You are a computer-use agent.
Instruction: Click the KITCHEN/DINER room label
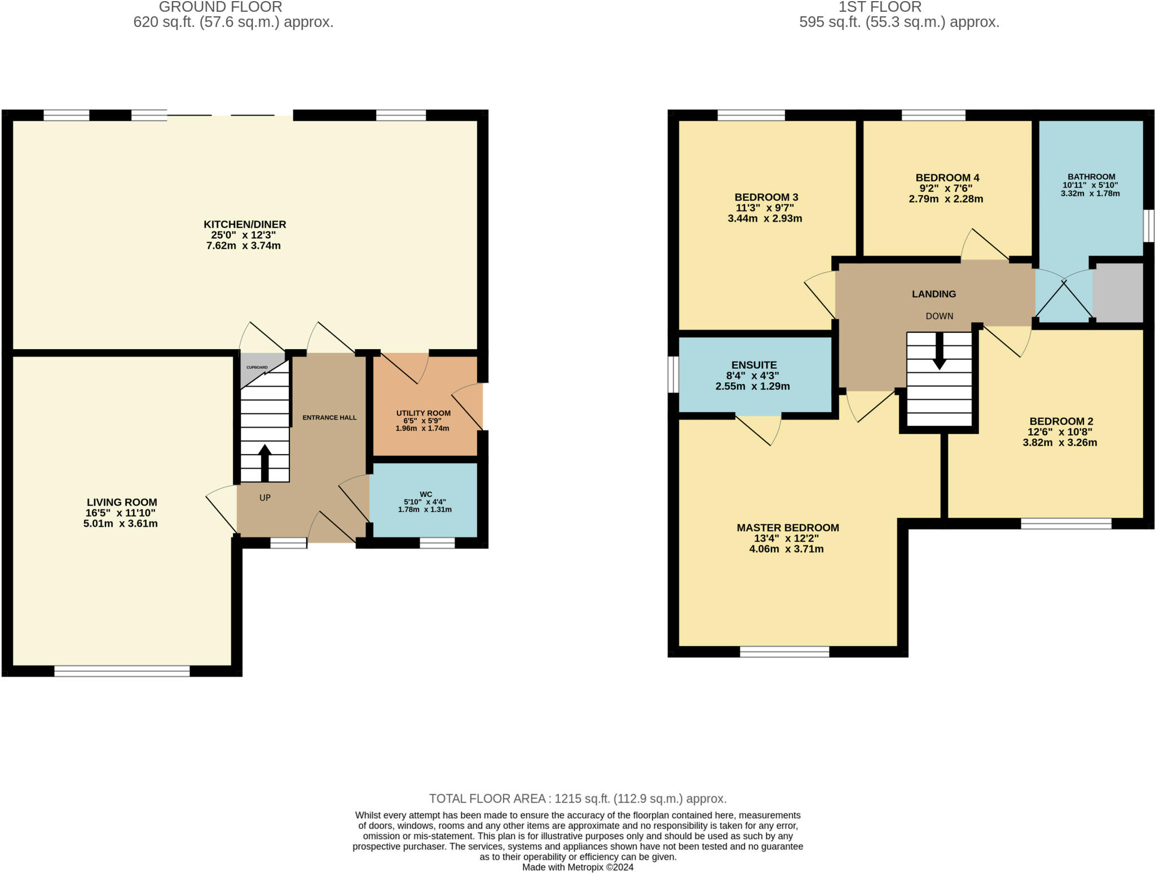pos(245,224)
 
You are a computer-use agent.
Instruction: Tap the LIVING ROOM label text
pos(122,502)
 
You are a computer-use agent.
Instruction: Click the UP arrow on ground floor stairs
pos(264,463)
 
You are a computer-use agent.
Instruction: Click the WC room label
pos(426,495)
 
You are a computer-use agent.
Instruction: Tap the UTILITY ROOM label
pos(424,413)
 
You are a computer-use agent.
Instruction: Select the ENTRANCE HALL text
pos(329,418)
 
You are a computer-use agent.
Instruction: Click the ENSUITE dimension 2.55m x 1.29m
pos(752,386)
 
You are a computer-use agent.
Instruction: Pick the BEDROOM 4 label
pos(947,178)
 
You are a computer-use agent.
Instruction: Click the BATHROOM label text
pos(1091,177)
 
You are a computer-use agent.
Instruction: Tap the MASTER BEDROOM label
pos(788,528)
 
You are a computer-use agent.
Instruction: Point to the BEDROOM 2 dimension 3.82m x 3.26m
pos(1060,443)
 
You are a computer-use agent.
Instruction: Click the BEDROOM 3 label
pos(766,197)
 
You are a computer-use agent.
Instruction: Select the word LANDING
pos(934,294)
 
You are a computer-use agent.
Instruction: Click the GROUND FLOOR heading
pos(221,7)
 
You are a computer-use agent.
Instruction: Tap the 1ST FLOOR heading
pos(880,7)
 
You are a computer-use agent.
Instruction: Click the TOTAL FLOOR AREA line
pos(577,799)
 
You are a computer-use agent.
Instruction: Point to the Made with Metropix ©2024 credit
pos(577,867)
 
